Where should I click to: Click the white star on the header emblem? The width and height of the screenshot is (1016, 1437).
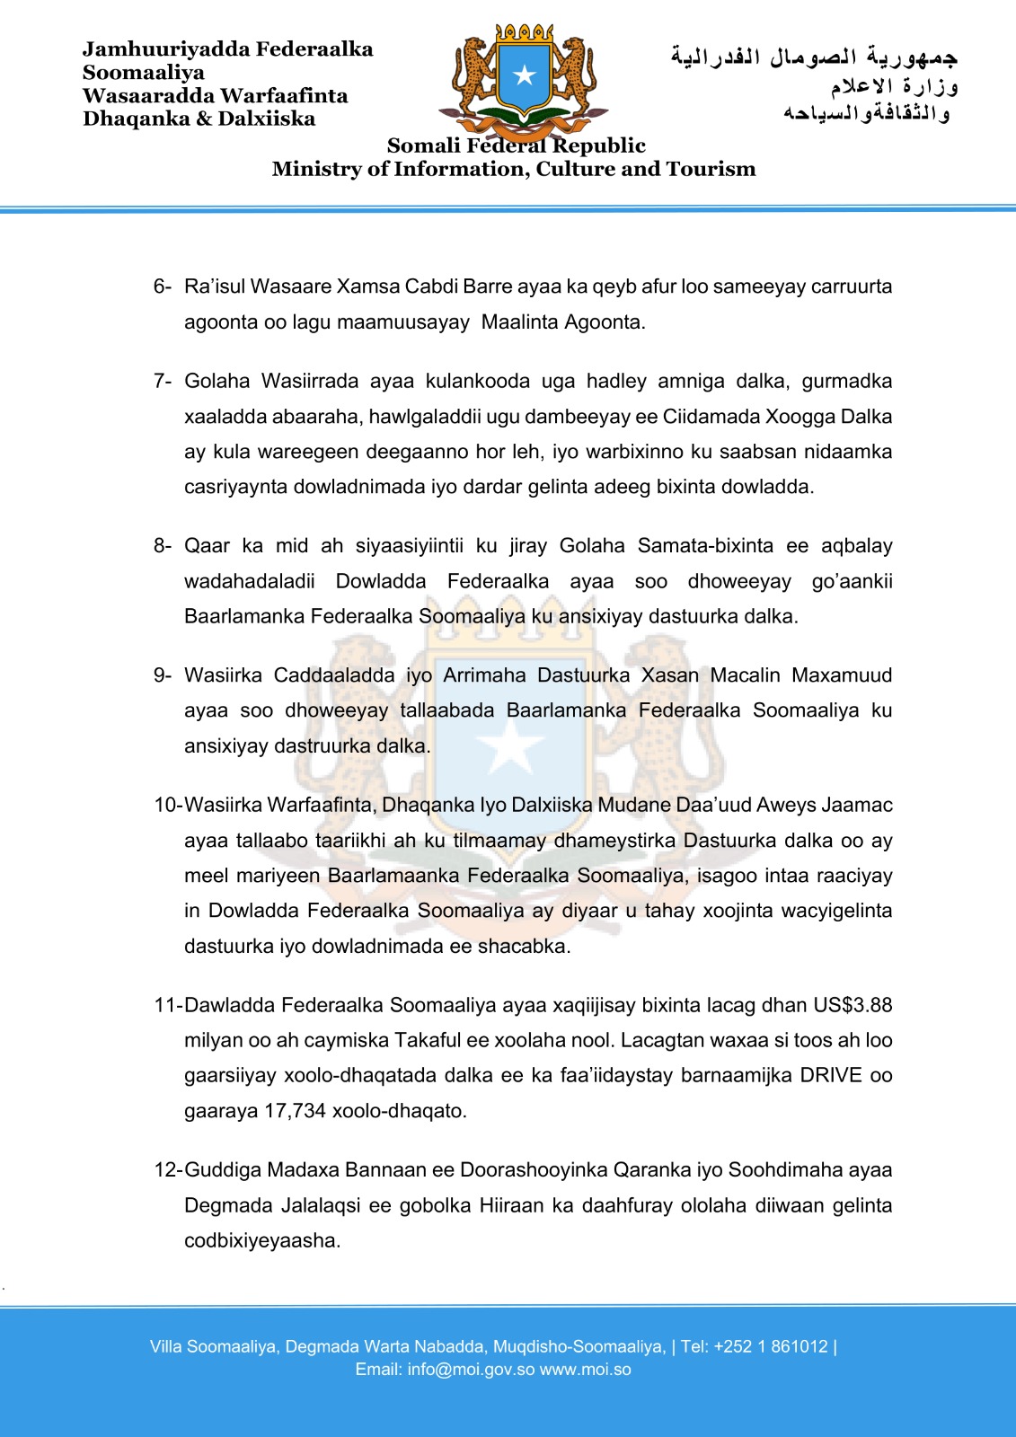[524, 75]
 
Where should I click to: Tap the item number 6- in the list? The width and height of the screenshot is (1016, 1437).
[162, 287]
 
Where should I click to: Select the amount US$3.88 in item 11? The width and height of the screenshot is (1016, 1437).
[853, 1005]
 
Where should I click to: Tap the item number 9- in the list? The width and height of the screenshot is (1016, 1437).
[162, 675]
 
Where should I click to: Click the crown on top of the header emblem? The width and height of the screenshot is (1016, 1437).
[525, 33]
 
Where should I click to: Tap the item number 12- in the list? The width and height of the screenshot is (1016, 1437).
[168, 1170]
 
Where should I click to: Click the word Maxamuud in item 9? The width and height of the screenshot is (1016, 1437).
[842, 675]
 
